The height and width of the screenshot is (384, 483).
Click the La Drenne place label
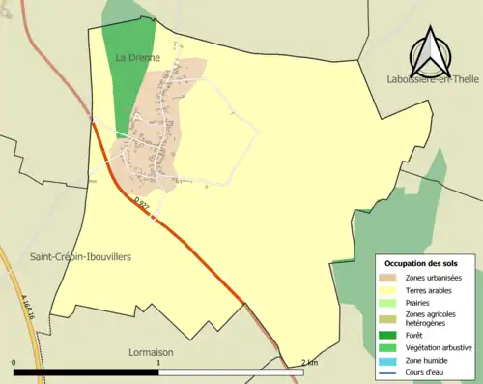[135, 58]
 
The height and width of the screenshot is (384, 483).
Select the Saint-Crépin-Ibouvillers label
[80, 257]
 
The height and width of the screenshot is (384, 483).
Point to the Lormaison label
[150, 352]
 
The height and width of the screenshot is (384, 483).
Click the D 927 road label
[144, 204]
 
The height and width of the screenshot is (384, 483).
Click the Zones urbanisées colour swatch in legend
[388, 278]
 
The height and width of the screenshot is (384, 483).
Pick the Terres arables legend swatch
[388, 290]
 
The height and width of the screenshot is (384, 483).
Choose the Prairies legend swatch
[388, 303]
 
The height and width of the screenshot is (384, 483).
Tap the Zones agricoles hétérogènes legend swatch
[388, 318]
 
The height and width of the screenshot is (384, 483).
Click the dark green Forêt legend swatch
[388, 334]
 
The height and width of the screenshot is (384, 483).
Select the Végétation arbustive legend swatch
[388, 346]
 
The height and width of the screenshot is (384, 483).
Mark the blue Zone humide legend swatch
[388, 359]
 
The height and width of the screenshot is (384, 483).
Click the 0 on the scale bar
[14, 364]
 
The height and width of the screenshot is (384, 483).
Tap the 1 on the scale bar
[158, 364]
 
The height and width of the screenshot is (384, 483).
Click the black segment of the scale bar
[86, 372]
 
